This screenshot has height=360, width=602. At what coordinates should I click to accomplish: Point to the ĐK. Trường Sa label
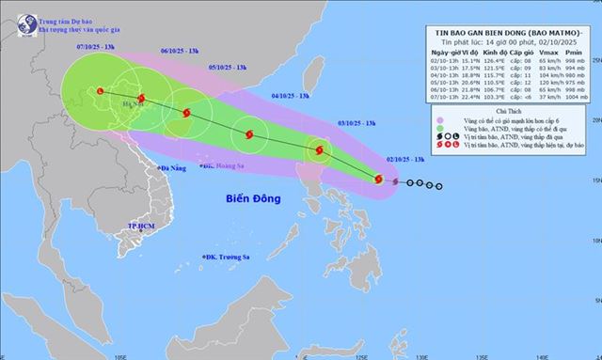[230, 258]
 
